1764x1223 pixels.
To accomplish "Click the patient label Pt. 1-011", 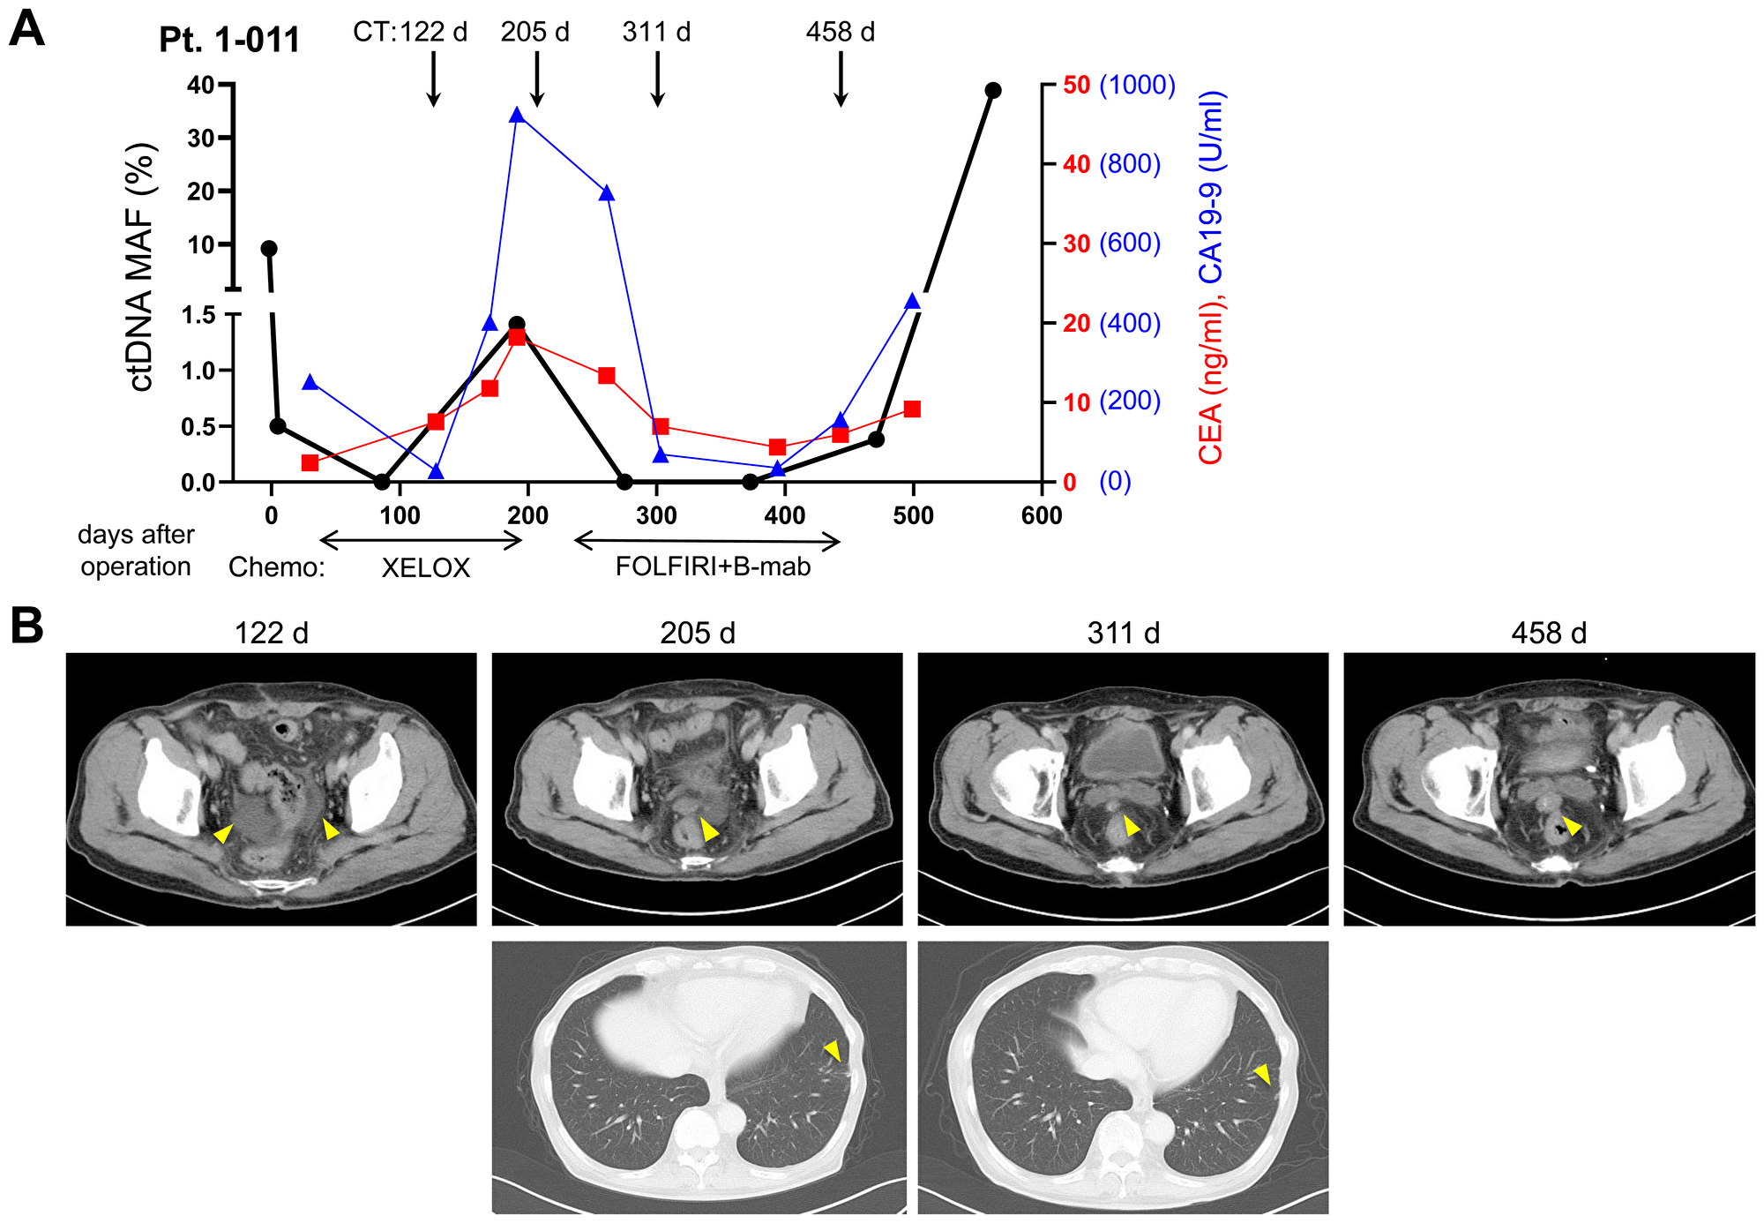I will (x=229, y=41).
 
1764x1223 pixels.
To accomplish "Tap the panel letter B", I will (x=26, y=627).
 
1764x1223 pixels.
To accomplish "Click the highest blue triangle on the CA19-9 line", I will (x=518, y=116).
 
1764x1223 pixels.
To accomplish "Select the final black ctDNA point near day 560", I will (x=993, y=91).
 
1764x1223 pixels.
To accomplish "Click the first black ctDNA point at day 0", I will (x=269, y=249).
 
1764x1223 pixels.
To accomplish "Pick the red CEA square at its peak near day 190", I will (x=518, y=337).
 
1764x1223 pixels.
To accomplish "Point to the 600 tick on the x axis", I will (x=1042, y=515).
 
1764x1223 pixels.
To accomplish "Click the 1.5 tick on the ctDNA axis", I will (x=198, y=316).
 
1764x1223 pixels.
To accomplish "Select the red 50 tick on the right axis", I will (x=1076, y=85).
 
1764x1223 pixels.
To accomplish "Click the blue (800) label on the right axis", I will (x=1130, y=164).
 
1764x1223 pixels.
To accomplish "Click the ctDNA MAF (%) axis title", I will (x=140, y=266).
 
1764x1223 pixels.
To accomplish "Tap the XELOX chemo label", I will (x=425, y=567).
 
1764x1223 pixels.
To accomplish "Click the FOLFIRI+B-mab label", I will (x=713, y=566).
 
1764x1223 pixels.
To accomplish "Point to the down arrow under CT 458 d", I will (x=841, y=79).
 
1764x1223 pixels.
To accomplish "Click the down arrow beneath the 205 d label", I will (x=536, y=79).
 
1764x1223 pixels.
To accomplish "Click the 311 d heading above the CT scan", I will (x=1123, y=633).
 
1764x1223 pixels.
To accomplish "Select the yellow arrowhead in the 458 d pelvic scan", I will (x=1572, y=826).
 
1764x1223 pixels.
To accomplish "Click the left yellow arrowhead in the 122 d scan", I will (x=224, y=833).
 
